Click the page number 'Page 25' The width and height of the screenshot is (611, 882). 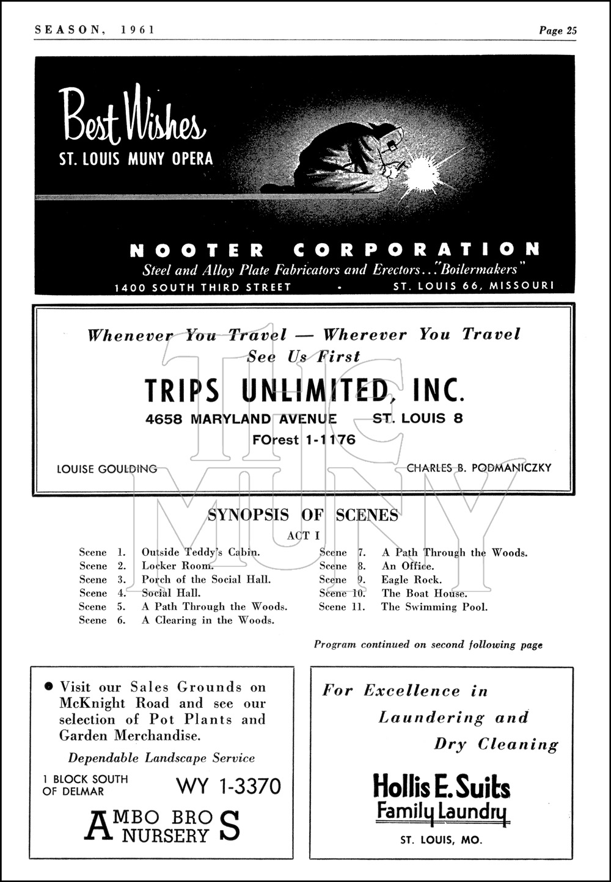click(557, 31)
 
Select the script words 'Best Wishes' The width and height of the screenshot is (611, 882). click(131, 117)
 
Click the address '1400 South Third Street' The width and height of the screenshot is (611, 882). click(203, 287)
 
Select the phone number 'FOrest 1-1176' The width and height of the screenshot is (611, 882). click(304, 440)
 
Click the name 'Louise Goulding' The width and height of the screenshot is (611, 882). click(106, 469)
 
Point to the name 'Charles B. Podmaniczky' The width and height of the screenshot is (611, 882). click(479, 468)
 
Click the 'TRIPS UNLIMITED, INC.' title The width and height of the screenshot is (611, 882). click(304, 390)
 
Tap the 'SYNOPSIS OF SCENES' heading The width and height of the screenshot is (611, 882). click(303, 515)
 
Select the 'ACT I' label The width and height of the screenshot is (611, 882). click(304, 536)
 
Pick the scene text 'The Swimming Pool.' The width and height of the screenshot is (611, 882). click(434, 607)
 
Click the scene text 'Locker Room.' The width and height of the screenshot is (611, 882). click(178, 566)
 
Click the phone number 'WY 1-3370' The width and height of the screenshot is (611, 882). click(229, 785)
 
